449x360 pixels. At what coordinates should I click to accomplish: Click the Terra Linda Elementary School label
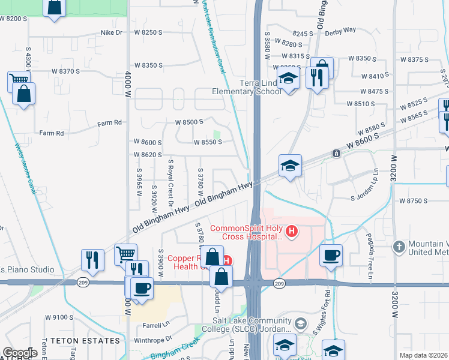[x=246, y=87]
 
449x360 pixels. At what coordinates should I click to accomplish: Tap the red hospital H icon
[x=292, y=230]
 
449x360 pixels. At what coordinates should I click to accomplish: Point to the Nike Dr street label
[x=112, y=32]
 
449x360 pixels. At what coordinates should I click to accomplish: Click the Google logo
[x=20, y=353]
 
